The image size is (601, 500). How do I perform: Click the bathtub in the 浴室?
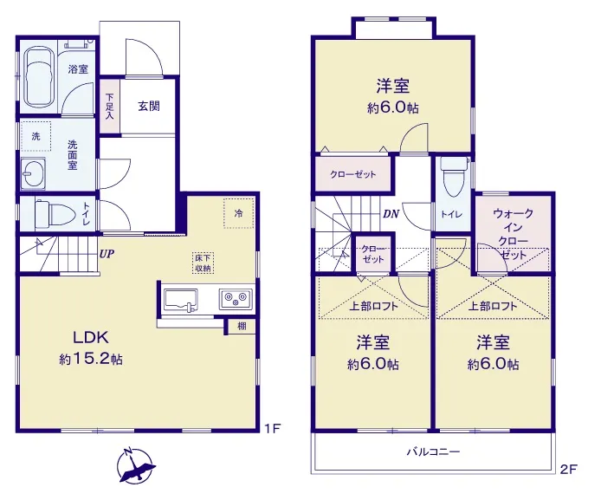pyautogui.click(x=40, y=77)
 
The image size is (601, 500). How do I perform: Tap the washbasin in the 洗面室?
pyautogui.click(x=33, y=173)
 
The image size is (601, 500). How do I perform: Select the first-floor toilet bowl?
pyautogui.click(x=55, y=213)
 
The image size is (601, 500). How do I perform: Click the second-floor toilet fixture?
pyautogui.click(x=454, y=177)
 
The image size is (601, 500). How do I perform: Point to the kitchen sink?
pyautogui.click(x=180, y=300)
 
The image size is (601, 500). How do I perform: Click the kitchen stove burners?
pyautogui.click(x=236, y=299)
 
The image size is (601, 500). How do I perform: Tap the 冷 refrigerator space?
pyautogui.click(x=239, y=213)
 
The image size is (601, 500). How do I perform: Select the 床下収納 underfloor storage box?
pyautogui.click(x=203, y=263)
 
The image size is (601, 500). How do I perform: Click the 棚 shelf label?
pyautogui.click(x=242, y=327)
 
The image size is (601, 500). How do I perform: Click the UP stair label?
pyautogui.click(x=107, y=253)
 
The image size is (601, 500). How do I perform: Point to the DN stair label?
pyautogui.click(x=391, y=214)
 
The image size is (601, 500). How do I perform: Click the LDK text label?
pyautogui.click(x=91, y=337)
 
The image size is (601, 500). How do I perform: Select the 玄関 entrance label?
pyautogui.click(x=149, y=106)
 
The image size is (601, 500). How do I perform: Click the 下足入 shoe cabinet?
pyautogui.click(x=110, y=107)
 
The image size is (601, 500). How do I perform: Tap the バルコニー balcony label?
pyautogui.click(x=433, y=451)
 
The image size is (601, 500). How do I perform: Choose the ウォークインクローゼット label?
pyautogui.click(x=513, y=234)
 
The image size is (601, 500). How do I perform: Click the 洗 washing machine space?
pyautogui.click(x=36, y=136)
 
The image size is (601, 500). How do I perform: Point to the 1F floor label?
pyautogui.click(x=273, y=428)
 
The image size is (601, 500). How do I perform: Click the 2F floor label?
pyautogui.click(x=568, y=469)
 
